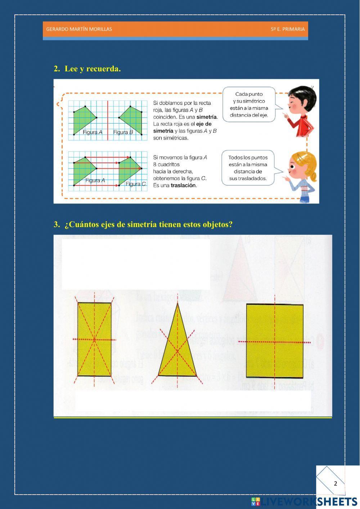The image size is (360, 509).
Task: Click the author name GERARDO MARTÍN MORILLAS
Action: (x=79, y=29)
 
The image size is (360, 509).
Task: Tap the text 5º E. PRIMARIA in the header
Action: (x=287, y=29)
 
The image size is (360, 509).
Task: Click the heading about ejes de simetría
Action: (x=148, y=224)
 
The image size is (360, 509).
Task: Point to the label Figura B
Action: (x=123, y=132)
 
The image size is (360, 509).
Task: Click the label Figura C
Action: (x=135, y=184)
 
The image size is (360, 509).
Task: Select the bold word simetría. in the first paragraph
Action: (x=207, y=117)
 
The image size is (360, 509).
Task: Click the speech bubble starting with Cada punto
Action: (x=249, y=104)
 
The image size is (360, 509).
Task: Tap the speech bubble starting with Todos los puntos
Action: (x=248, y=168)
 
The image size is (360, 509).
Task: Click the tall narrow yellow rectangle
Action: (x=94, y=339)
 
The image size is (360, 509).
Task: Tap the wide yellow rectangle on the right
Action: (x=275, y=341)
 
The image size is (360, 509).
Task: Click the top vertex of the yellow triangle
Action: (x=177, y=304)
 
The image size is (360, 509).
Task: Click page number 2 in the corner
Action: (x=336, y=483)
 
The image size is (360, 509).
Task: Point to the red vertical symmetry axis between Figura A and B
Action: (x=108, y=121)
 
